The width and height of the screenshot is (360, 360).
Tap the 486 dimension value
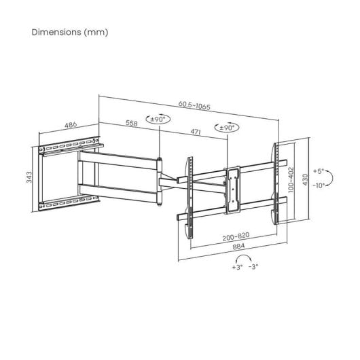pos(69,126)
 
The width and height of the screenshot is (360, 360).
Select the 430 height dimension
pos(306,179)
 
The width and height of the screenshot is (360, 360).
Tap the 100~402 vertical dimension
pos(291,181)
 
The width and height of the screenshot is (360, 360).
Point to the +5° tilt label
pos(320,171)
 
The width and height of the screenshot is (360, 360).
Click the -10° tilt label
pos(320,187)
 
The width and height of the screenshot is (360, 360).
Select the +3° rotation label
pos(237,268)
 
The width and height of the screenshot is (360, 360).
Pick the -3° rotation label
pos(253,268)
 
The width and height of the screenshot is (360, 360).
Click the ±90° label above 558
pos(158,120)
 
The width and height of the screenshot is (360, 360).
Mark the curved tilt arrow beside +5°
pos(329,179)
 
